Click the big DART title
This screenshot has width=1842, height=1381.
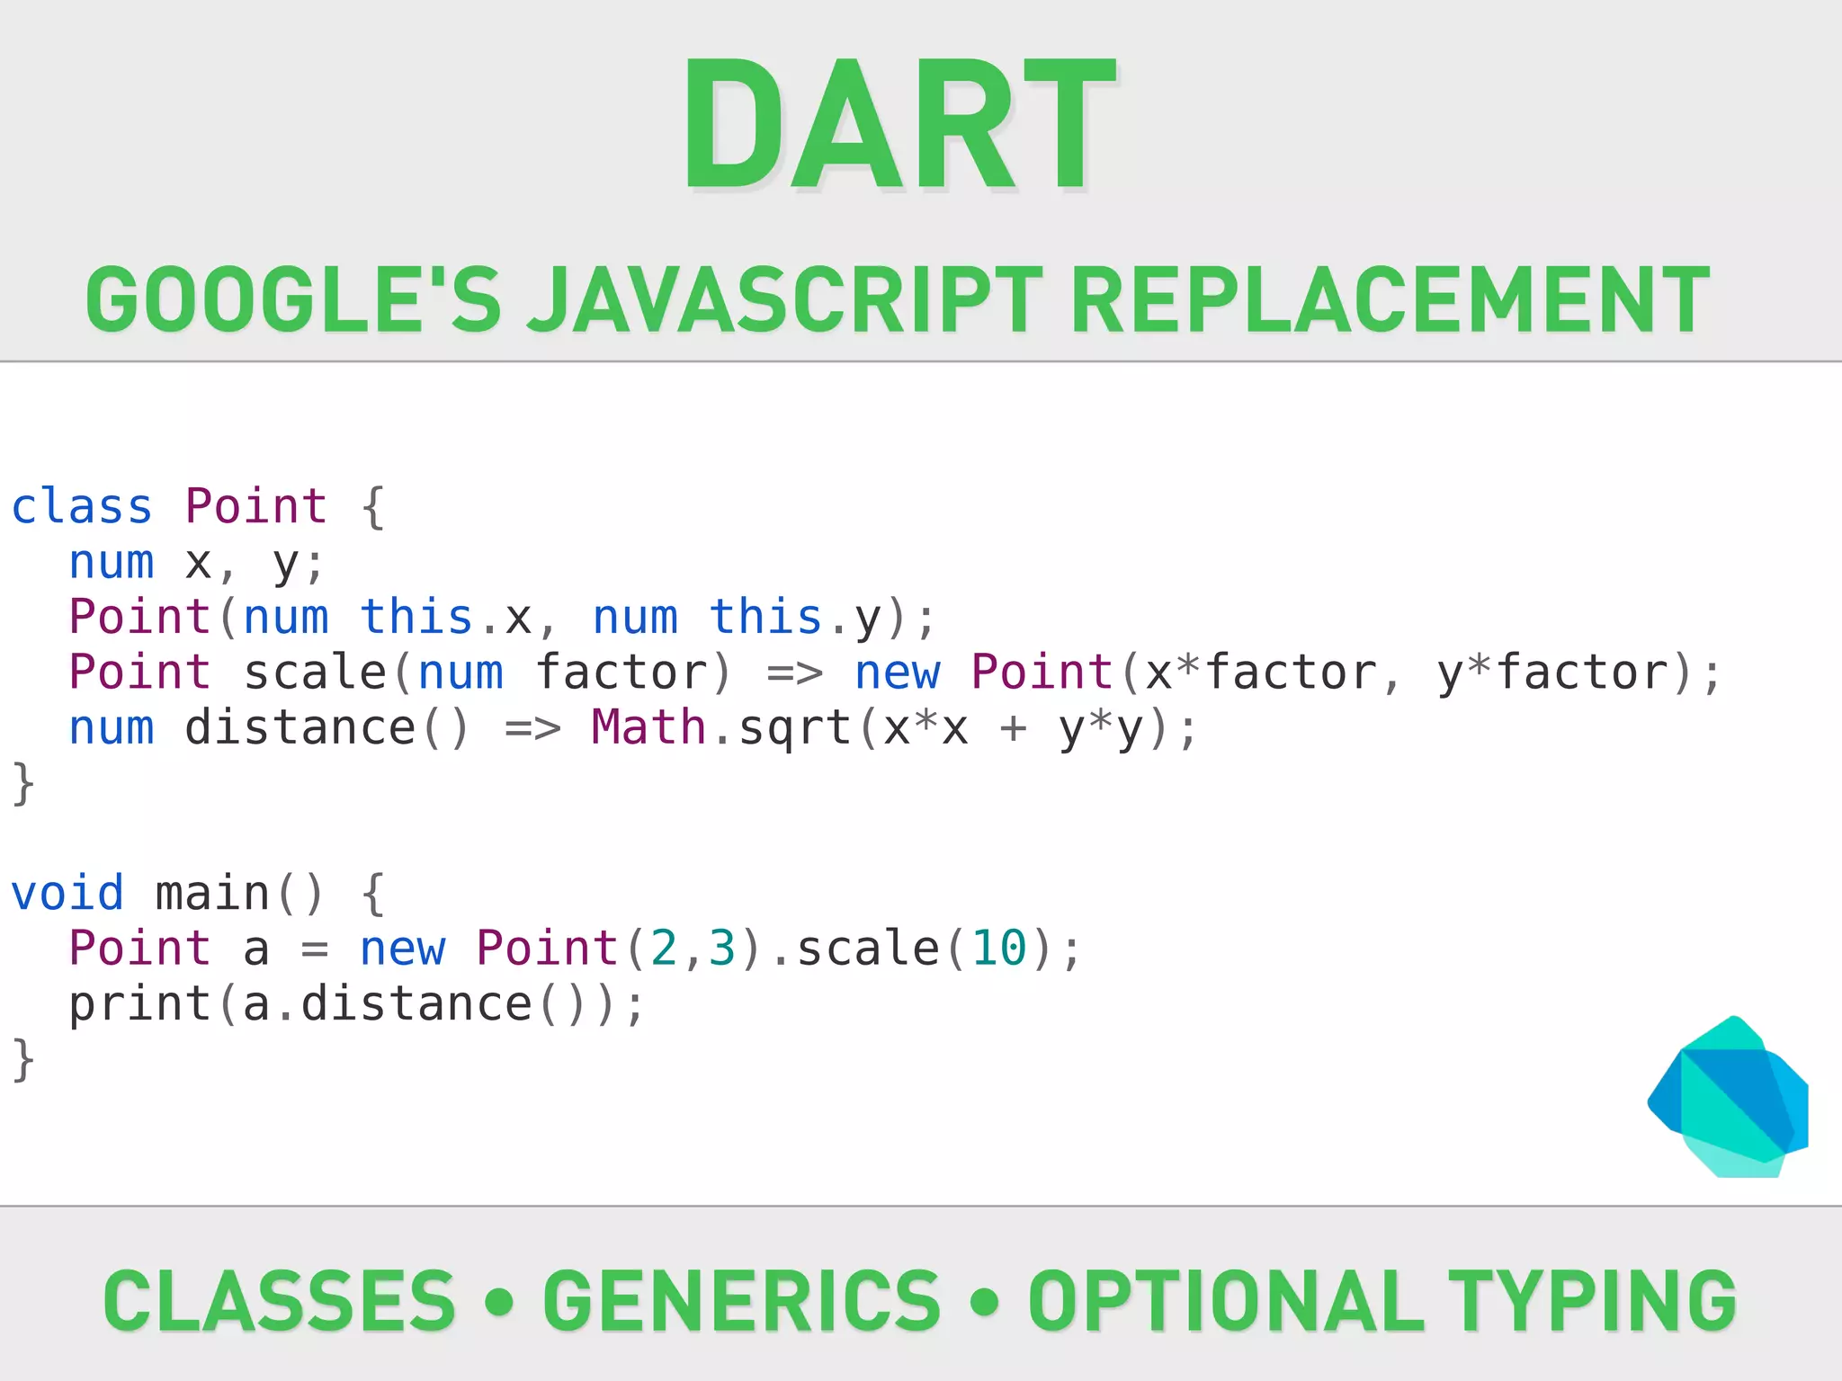pos(899,124)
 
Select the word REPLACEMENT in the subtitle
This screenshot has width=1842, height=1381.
pos(1390,300)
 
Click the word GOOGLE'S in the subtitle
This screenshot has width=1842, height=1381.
pos(293,300)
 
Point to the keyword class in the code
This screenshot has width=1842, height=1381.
pos(82,506)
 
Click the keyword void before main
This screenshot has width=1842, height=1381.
pos(67,894)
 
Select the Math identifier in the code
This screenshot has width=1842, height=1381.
pos(648,727)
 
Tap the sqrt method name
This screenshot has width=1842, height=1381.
pos(794,729)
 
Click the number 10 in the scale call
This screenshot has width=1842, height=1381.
pos(999,949)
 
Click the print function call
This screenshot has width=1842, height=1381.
pos(139,1004)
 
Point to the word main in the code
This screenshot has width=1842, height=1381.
pos(212,894)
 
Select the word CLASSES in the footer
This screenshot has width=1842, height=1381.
pos(280,1301)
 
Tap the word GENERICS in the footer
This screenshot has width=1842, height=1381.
pos(742,1301)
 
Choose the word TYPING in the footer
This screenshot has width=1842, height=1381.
pos(1592,1301)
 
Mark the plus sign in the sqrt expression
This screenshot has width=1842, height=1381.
pos(1014,729)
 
